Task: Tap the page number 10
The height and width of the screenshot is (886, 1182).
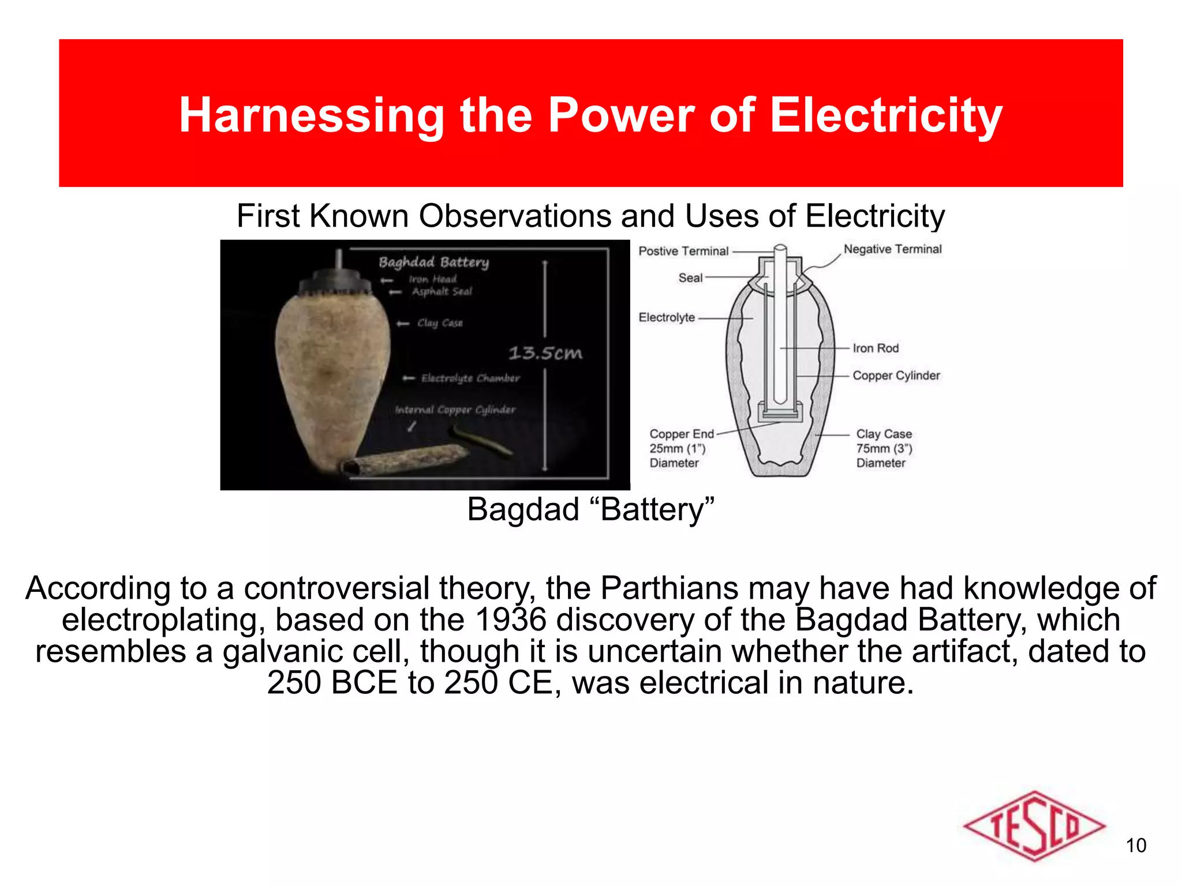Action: (x=1136, y=846)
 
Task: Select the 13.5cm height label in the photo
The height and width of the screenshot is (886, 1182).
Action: (x=545, y=353)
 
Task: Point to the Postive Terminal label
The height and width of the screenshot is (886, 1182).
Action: (x=683, y=251)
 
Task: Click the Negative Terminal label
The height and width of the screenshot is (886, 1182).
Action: (x=892, y=249)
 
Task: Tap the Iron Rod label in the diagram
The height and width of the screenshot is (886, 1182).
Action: (x=876, y=348)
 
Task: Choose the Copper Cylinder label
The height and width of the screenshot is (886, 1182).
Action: (x=896, y=376)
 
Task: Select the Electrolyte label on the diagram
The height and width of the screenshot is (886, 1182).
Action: (x=667, y=317)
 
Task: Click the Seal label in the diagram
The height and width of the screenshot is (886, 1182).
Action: (x=690, y=278)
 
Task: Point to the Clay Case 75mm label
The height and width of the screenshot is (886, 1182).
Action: (x=884, y=448)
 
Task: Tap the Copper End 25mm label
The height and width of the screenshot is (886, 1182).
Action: (x=681, y=448)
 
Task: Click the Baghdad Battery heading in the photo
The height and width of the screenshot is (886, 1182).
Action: (x=433, y=262)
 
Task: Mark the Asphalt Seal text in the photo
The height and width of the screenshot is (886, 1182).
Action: (x=442, y=292)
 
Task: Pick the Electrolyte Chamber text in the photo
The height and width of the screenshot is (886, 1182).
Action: (x=470, y=378)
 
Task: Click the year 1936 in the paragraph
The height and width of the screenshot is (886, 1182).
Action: (x=510, y=620)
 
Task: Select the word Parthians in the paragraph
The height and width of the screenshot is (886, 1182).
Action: (x=669, y=588)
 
